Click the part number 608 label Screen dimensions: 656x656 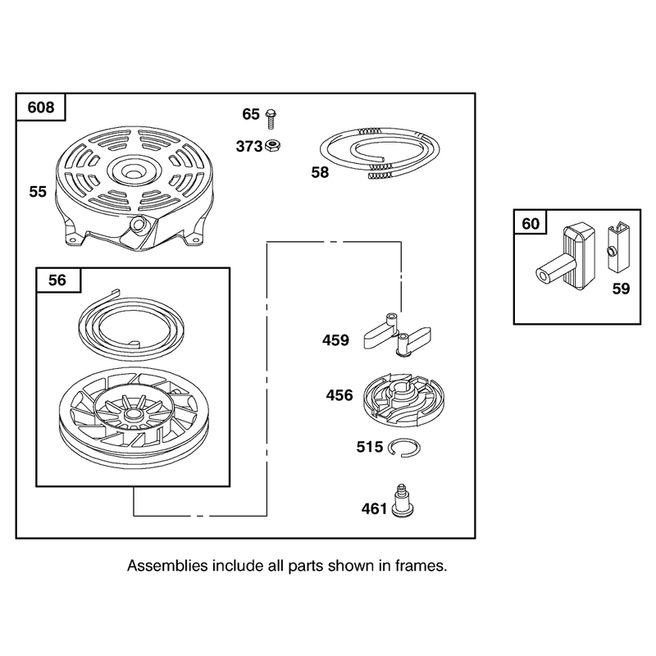click(x=41, y=107)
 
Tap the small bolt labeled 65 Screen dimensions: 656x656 click(x=271, y=119)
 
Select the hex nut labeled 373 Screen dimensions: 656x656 click(x=273, y=146)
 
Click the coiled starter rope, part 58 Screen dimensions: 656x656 click(x=380, y=153)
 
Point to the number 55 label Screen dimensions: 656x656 click(x=38, y=192)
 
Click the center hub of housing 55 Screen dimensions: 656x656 click(x=134, y=171)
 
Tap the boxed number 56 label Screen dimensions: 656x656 click(x=57, y=280)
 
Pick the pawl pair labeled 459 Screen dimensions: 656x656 click(x=397, y=335)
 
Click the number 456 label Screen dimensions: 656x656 click(x=339, y=395)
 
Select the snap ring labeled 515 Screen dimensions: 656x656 click(x=403, y=448)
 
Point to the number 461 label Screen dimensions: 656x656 click(x=375, y=508)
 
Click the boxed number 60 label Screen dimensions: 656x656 click(x=531, y=224)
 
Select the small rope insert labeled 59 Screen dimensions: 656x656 click(x=618, y=248)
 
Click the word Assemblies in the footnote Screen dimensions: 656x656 click(x=167, y=566)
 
